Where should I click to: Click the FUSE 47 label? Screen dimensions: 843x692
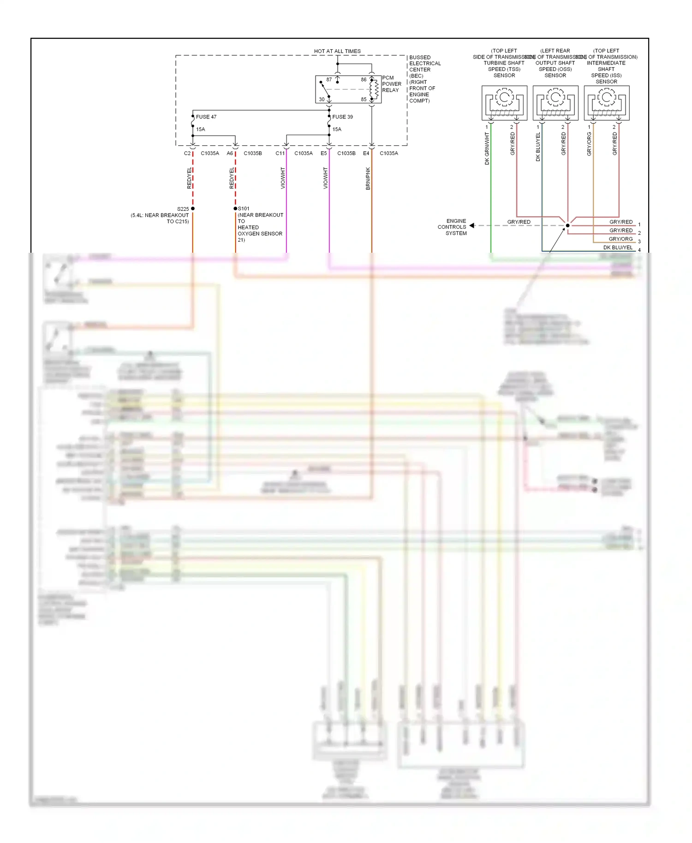pos(206,117)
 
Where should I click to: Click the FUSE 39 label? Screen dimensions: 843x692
pos(342,117)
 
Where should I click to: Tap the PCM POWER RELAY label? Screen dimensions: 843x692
pos(391,84)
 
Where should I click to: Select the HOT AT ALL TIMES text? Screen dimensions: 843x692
pos(337,51)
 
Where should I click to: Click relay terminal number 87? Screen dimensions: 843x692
pos(329,80)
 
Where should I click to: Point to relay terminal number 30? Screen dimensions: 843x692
pos(322,99)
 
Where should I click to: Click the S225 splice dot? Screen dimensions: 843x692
pos(193,208)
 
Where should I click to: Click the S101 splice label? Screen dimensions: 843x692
pos(244,208)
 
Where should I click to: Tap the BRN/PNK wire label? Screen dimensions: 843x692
pos(368,178)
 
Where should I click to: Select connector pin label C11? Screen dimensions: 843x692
pos(280,153)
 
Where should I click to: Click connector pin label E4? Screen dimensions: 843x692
pos(366,153)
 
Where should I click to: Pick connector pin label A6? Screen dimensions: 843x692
pos(230,153)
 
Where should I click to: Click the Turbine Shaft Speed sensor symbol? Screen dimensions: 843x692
pos(504,102)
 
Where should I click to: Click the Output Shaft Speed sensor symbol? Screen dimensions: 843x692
pos(555,102)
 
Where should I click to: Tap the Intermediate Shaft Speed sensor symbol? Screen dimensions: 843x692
pos(607,102)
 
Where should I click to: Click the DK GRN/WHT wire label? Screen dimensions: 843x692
pos(487,148)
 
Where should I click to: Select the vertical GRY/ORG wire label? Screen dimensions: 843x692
pos(589,144)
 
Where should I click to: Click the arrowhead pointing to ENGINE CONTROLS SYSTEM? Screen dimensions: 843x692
pos(472,226)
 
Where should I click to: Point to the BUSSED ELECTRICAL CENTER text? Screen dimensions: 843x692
pos(424,64)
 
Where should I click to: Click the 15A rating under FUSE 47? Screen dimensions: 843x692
pos(200,129)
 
